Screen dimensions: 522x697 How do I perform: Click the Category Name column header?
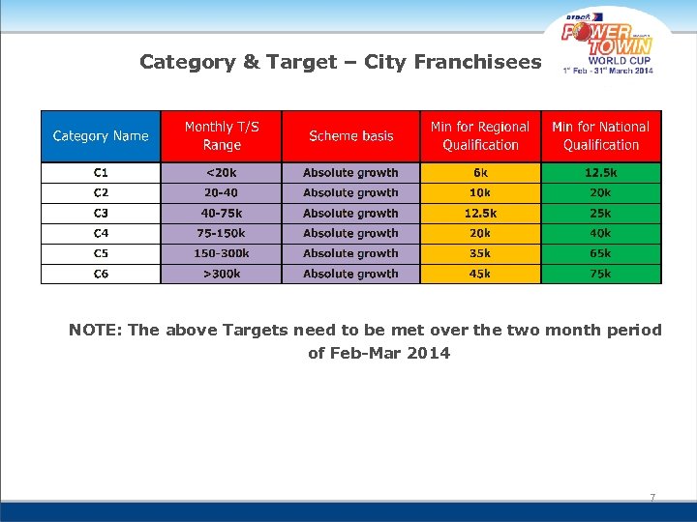(101, 136)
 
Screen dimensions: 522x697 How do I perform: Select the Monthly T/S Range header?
(222, 136)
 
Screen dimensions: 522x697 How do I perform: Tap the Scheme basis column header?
(350, 136)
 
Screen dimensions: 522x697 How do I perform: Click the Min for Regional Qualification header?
(480, 136)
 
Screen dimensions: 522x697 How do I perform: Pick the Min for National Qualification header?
(601, 136)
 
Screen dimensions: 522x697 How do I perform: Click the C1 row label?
(101, 173)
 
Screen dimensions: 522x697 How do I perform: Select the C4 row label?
(101, 233)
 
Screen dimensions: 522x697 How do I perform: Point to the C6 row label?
(101, 274)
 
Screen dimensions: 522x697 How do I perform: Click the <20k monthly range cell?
(222, 173)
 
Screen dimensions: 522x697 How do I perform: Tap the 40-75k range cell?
(222, 213)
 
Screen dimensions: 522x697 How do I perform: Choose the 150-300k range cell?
(222, 253)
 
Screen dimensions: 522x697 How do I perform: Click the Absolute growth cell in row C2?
(350, 193)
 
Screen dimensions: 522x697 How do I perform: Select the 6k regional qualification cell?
(480, 173)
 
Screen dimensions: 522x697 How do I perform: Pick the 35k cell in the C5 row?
(480, 253)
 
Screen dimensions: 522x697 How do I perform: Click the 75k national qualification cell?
(601, 274)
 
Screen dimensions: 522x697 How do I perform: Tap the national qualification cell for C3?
(601, 213)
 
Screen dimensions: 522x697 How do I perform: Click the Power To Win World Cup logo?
(608, 44)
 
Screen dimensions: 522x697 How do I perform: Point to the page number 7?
(652, 498)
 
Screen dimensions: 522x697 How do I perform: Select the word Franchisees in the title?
(478, 63)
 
